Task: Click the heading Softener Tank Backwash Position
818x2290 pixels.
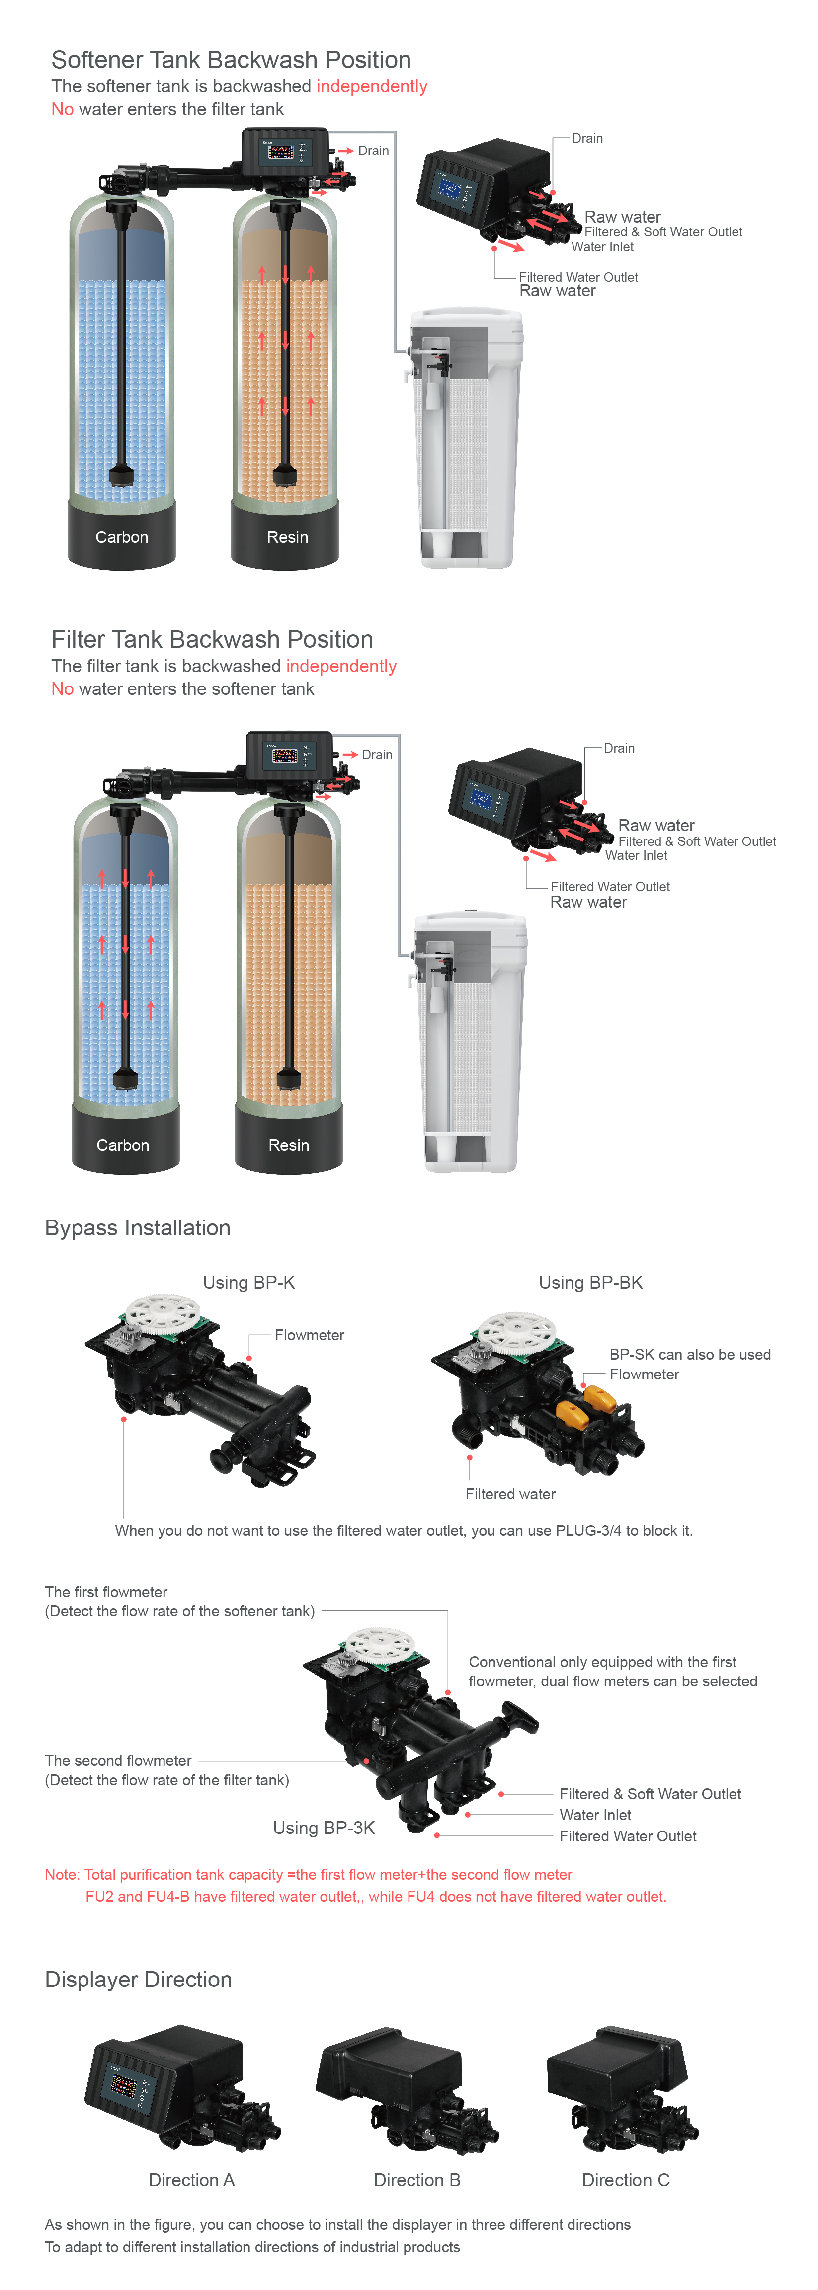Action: (x=231, y=60)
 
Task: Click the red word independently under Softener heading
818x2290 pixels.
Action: (x=372, y=86)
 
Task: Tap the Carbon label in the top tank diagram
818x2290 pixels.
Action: (x=122, y=537)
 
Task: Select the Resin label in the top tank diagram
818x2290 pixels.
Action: (x=287, y=537)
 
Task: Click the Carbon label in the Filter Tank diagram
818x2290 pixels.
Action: (x=123, y=1145)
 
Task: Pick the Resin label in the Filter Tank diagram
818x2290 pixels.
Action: (x=289, y=1145)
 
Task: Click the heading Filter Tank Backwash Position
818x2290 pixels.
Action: (x=213, y=639)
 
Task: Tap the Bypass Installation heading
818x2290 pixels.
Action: (x=138, y=1227)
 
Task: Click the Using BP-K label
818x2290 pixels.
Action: (x=249, y=1282)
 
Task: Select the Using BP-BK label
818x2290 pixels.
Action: (x=590, y=1282)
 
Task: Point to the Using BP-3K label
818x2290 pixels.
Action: (x=324, y=1828)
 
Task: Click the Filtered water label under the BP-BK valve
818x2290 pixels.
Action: (x=510, y=1494)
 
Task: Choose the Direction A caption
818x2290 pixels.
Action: (x=191, y=2180)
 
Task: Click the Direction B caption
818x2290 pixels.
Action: (x=417, y=2180)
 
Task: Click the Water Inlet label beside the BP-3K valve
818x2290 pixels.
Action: (x=595, y=1815)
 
